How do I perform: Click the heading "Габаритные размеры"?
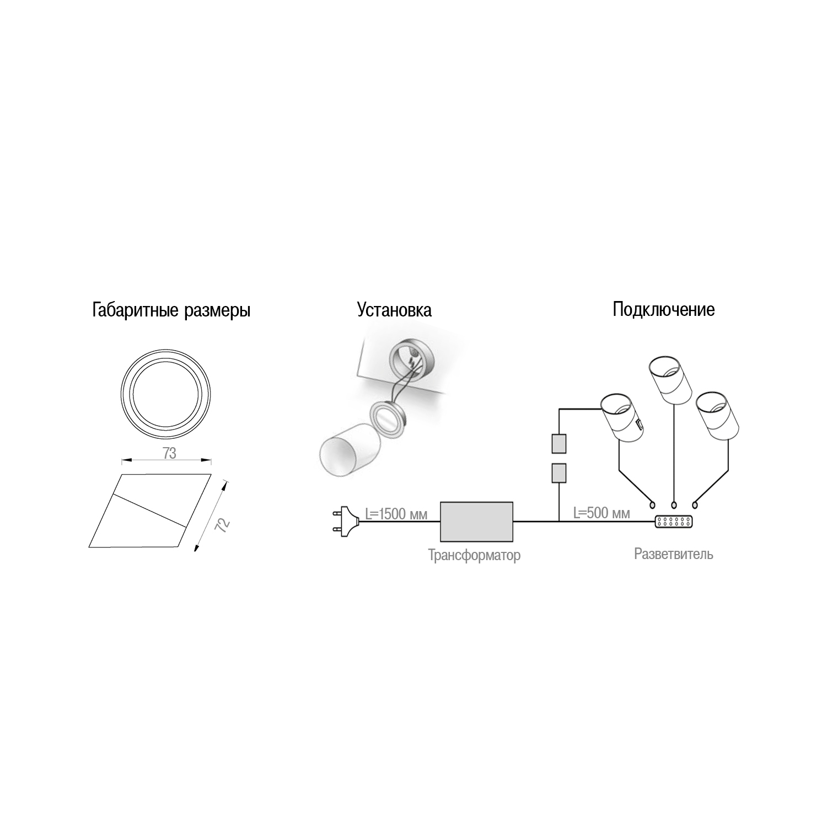171,310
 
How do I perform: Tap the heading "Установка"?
394,309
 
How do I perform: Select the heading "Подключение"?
664,309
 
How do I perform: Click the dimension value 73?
169,453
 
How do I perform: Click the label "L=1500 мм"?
396,514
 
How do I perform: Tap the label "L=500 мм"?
602,513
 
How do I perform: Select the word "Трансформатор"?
474,555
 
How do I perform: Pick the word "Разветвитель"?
673,554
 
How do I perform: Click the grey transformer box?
476,521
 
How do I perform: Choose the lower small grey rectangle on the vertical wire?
560,472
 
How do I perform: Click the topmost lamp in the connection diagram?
670,379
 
